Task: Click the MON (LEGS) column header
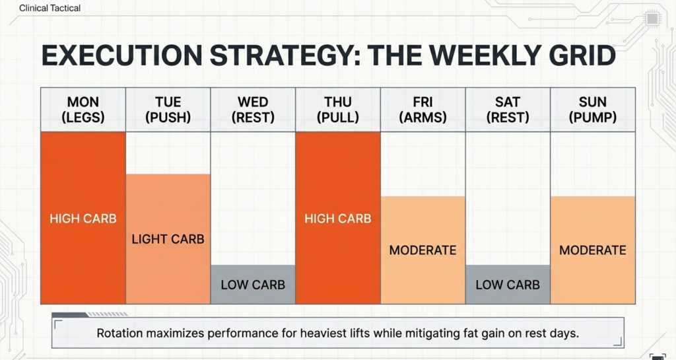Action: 83,110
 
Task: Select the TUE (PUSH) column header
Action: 168,110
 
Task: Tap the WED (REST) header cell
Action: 253,110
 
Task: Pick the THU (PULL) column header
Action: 338,110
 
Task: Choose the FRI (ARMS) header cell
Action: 422,110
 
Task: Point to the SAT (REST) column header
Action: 508,110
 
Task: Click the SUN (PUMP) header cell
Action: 592,110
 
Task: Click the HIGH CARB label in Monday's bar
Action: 83,219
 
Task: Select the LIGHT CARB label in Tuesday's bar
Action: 168,239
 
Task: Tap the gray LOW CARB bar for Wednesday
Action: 253,285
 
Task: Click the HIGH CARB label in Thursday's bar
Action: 338,219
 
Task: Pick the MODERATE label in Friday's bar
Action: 422,250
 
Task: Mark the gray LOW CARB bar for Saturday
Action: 508,285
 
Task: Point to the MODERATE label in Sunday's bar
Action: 592,250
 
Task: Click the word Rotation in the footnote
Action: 121,333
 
